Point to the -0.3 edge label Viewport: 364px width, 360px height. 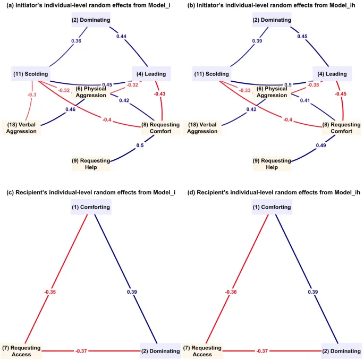32,95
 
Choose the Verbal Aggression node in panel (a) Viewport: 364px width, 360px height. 22,127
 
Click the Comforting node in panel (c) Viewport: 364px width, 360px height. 91,207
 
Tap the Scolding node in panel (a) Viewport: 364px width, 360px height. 30,74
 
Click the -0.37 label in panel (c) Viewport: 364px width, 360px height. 81,350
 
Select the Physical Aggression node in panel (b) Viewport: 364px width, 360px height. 272,91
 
